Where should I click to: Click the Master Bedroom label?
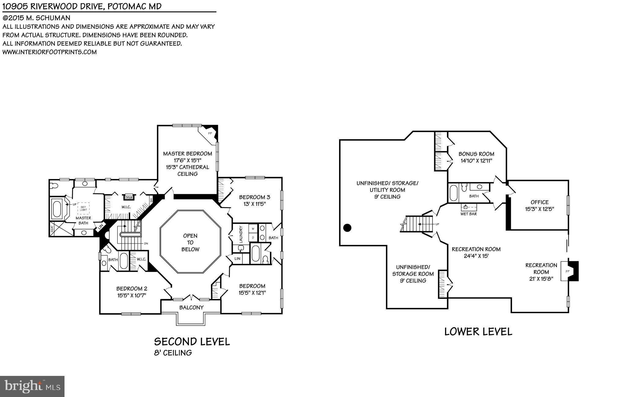pyautogui.click(x=187, y=154)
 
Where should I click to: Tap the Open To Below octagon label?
pyautogui.click(x=190, y=242)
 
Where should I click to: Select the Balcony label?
pyautogui.click(x=191, y=307)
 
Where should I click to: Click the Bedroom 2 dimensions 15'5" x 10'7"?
pyautogui.click(x=132, y=295)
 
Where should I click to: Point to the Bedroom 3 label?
pyautogui.click(x=254, y=197)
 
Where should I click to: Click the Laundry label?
pyautogui.click(x=241, y=234)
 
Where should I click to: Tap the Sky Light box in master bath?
pyautogui.click(x=83, y=208)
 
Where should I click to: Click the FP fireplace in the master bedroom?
pyautogui.click(x=210, y=133)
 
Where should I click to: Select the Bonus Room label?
pyautogui.click(x=476, y=154)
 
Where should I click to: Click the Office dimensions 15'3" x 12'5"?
pyautogui.click(x=539, y=209)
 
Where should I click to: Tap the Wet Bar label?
pyautogui.click(x=469, y=214)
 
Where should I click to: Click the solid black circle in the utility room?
pyautogui.click(x=347, y=228)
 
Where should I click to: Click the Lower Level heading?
pyautogui.click(x=478, y=332)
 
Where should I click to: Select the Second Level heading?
pyautogui.click(x=192, y=342)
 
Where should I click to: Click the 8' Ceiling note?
pyautogui.click(x=173, y=353)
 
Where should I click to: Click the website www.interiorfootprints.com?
pyautogui.click(x=50, y=52)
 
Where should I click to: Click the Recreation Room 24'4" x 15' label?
pyautogui.click(x=476, y=252)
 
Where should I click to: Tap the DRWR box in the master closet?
pyautogui.click(x=129, y=198)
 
